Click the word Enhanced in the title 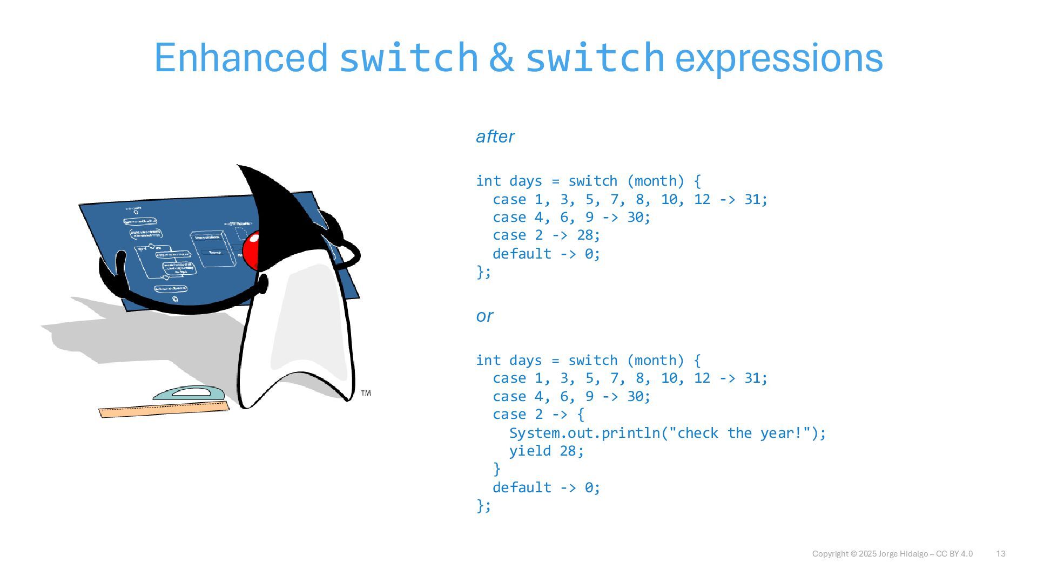pos(241,58)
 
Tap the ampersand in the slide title pos(501,58)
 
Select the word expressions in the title pos(779,59)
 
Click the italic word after pos(495,137)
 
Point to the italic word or pos(484,316)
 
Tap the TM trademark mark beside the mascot pos(366,393)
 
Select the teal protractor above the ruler pos(188,393)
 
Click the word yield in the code pos(530,451)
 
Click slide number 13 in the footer pos(1000,554)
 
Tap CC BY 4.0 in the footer pos(954,554)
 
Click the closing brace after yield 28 pos(497,469)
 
